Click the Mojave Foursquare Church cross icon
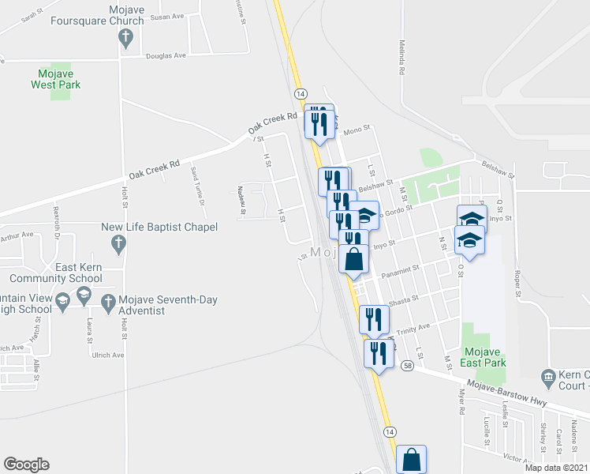(x=125, y=37)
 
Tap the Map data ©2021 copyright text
(x=556, y=468)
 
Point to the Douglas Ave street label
(x=167, y=56)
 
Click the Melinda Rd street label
(x=401, y=58)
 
